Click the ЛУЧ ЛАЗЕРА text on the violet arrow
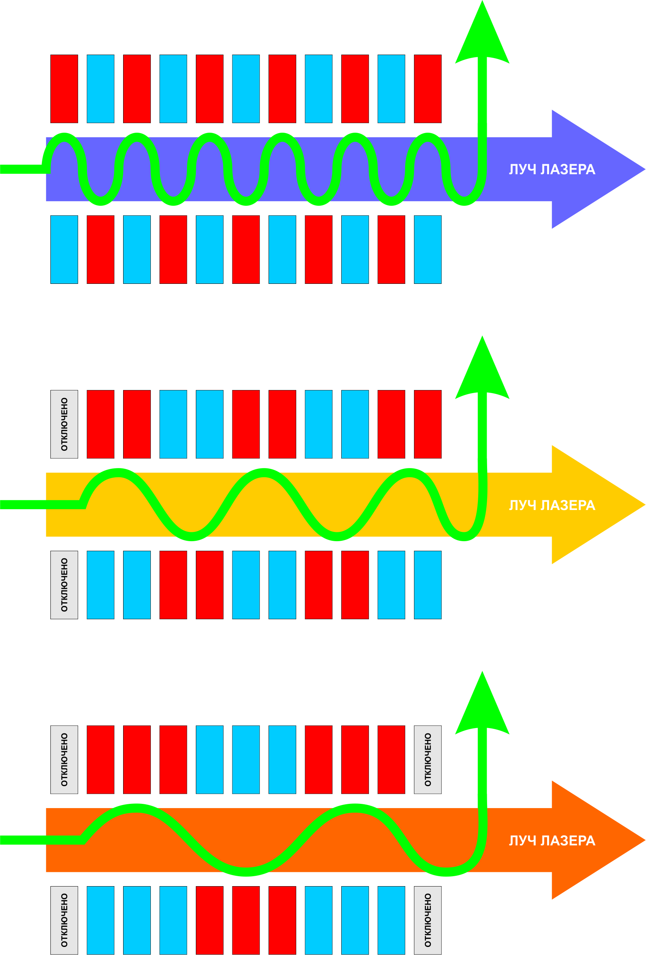coord(552,169)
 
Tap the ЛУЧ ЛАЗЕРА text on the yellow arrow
coord(552,505)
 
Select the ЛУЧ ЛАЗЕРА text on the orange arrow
coord(552,840)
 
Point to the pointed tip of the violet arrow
coord(645,169)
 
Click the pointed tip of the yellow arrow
coord(645,505)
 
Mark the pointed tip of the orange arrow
coord(645,840)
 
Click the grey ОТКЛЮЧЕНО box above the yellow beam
coord(64,424)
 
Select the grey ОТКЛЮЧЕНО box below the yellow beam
coord(64,585)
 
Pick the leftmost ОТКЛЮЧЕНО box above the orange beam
coord(64,759)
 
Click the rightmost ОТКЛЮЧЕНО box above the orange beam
coord(427,759)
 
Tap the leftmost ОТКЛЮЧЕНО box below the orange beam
coord(64,920)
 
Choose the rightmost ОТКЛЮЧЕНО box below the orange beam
coord(427,920)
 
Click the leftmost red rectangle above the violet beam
coord(64,89)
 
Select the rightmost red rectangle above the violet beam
coord(427,89)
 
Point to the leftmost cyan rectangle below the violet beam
coord(64,250)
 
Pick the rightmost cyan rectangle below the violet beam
coord(427,250)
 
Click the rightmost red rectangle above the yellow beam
coord(427,424)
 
